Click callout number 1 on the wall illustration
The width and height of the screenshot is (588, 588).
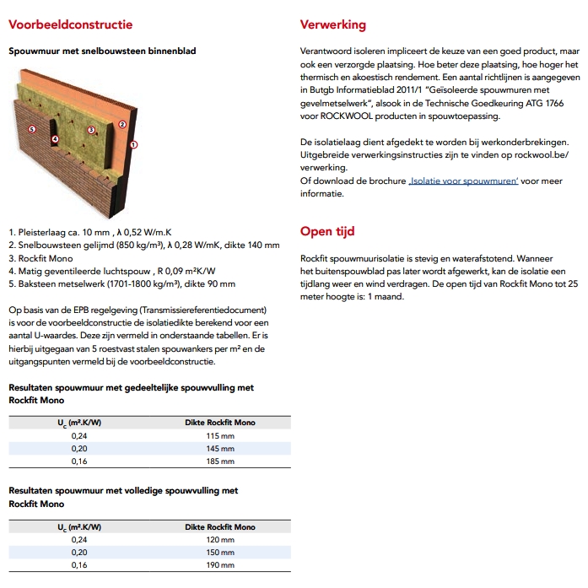click(x=133, y=144)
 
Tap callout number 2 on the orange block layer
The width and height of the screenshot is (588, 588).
click(x=122, y=124)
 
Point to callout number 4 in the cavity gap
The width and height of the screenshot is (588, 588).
click(x=55, y=139)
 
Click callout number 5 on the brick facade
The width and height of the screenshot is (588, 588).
click(x=31, y=129)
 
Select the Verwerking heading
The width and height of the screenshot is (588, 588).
click(x=333, y=25)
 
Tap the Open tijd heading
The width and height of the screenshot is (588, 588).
click(x=327, y=231)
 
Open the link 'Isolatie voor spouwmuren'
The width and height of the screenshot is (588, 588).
click(x=463, y=181)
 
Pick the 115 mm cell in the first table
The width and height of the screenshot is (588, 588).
click(x=220, y=435)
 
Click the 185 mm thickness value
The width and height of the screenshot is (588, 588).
click(x=220, y=461)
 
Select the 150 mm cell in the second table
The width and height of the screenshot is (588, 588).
click(x=220, y=552)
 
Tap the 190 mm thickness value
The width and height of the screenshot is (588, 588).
click(x=220, y=564)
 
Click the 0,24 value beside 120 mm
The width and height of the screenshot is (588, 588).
click(x=78, y=539)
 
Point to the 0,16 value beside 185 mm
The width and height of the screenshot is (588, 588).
click(x=78, y=461)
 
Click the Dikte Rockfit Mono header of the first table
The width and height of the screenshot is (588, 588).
click(x=220, y=422)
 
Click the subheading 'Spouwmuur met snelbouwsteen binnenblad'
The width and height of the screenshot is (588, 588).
click(x=102, y=51)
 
